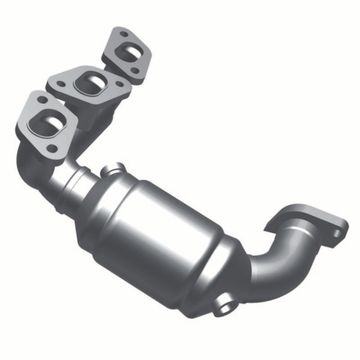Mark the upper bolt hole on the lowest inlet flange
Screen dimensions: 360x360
(42, 98)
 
